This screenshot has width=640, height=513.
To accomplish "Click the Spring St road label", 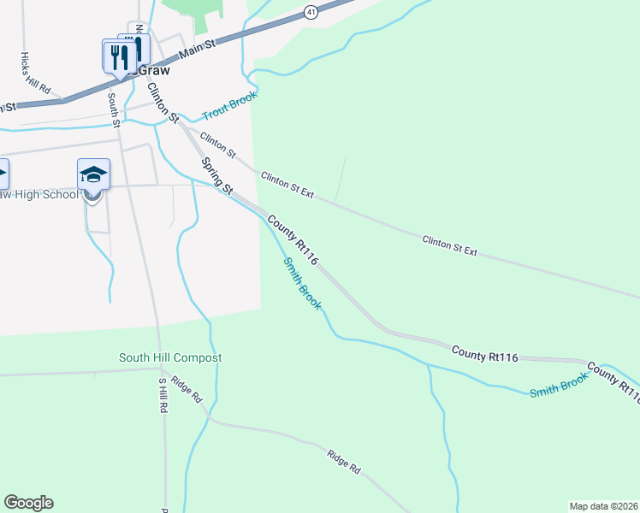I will (216, 175).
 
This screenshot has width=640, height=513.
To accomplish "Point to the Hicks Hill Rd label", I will (36, 74).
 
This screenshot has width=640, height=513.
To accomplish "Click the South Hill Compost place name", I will (170, 357).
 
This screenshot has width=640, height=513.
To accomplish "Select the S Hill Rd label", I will (162, 396).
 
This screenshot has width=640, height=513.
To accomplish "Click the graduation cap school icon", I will (93, 176).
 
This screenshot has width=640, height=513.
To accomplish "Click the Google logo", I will (28, 503).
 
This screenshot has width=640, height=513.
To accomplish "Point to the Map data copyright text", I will (603, 506).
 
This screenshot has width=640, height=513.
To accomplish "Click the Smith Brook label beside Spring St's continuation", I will (302, 283).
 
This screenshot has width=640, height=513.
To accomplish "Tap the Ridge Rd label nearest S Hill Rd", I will (185, 390).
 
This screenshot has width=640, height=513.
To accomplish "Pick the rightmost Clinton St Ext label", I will (449, 245).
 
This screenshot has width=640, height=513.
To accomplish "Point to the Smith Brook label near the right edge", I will (559, 385).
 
